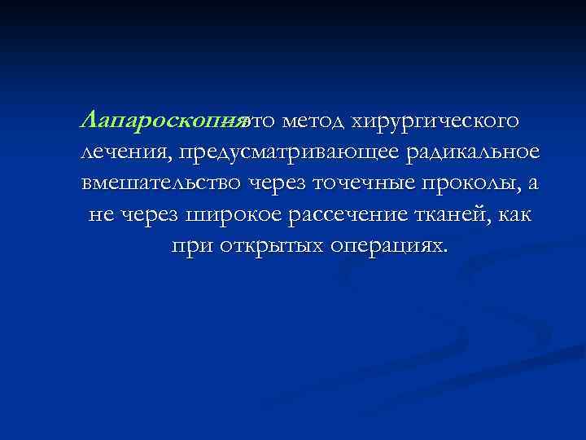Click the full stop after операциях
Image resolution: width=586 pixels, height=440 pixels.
[x=445, y=250]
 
